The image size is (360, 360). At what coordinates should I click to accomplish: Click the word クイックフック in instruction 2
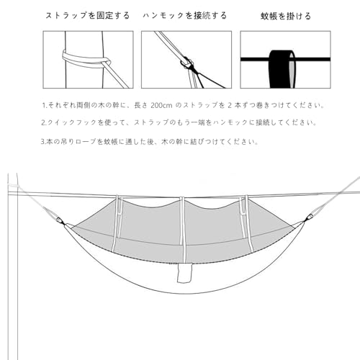[x=69, y=122]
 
